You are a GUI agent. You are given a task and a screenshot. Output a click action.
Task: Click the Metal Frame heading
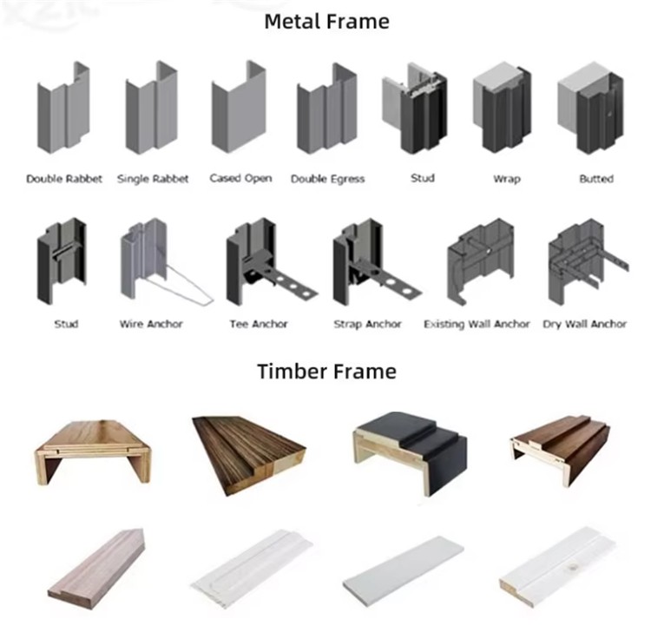326,22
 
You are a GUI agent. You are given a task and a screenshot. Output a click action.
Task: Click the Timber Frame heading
326,372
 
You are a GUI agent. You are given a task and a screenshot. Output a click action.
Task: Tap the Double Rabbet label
64,179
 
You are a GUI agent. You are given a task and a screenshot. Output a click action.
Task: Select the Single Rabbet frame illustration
152,108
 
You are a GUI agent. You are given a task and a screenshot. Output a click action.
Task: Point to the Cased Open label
240,179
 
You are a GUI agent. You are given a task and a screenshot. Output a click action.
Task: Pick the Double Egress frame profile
326,109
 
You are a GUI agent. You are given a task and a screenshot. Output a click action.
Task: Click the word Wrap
507,179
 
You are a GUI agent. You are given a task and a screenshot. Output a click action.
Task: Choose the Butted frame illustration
590,108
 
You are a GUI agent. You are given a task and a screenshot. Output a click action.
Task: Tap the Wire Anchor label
151,324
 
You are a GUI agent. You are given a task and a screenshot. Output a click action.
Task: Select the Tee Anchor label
259,324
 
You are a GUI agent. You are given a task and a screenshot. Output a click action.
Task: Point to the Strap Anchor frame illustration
377,261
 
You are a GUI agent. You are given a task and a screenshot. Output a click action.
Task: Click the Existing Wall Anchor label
477,324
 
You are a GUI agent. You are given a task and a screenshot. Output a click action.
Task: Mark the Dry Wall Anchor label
584,324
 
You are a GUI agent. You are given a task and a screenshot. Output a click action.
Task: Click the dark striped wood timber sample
249,455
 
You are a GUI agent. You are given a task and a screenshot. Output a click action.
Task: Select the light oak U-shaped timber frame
93,451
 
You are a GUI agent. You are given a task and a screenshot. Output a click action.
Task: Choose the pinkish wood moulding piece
96,569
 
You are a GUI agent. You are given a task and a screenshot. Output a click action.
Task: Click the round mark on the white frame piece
575,565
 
